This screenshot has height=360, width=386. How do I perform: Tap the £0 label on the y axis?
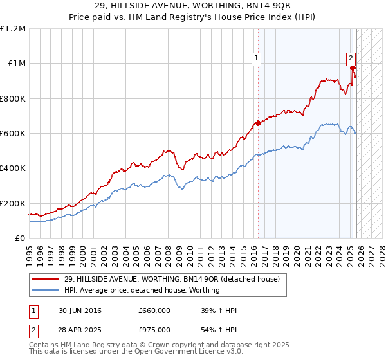click(20, 238)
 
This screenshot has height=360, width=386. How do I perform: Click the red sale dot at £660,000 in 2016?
click(258, 123)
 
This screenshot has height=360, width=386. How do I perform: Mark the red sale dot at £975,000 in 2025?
click(353, 67)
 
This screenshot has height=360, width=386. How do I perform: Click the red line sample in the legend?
click(47, 280)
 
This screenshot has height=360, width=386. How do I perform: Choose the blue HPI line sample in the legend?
click(47, 290)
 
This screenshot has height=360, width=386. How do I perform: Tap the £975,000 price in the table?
click(154, 329)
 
